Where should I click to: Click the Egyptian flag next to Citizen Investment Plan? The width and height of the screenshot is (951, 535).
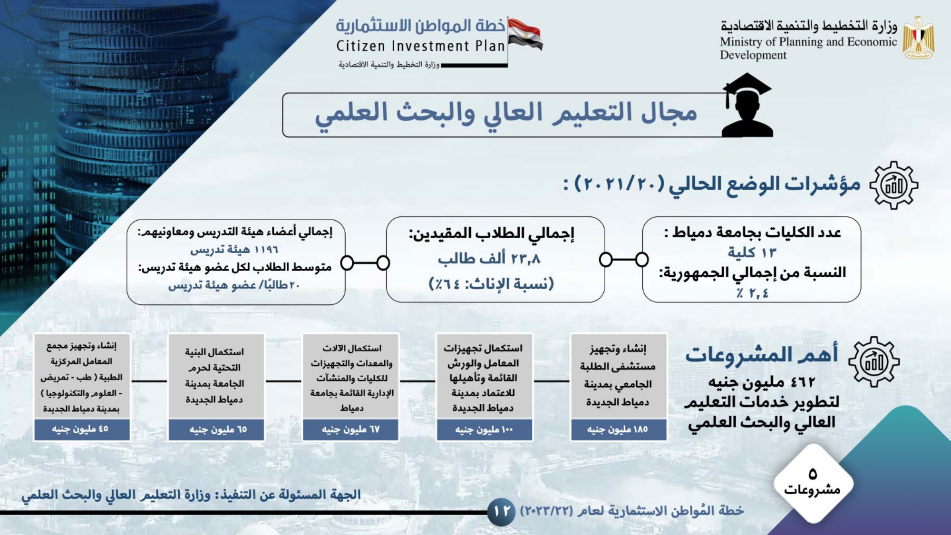click(x=525, y=34)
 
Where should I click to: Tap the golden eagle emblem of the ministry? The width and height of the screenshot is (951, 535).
click(x=919, y=38)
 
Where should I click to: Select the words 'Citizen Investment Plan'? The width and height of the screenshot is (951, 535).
click(x=420, y=46)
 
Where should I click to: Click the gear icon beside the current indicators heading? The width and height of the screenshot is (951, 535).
click(x=894, y=185)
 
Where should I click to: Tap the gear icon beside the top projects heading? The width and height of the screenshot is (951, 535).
click(x=874, y=361)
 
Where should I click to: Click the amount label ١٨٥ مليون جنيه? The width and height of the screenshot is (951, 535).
click(x=617, y=429)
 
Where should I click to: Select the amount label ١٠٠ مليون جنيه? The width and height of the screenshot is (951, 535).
click(x=484, y=429)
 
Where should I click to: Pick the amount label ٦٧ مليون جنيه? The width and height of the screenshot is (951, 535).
click(x=351, y=429)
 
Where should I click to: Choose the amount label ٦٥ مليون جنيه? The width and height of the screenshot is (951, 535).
click(x=218, y=429)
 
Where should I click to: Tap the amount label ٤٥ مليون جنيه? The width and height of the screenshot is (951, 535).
click(x=80, y=429)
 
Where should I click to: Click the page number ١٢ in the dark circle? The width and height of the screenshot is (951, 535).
click(x=502, y=512)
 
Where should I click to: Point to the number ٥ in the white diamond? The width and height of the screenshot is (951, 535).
click(x=813, y=474)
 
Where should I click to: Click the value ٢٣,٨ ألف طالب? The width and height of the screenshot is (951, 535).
click(x=489, y=258)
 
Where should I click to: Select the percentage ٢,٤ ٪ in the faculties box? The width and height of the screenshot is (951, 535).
click(x=753, y=293)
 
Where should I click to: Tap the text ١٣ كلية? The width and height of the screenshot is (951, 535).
click(x=752, y=252)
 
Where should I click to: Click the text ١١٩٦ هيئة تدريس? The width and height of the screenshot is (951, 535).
click(x=234, y=250)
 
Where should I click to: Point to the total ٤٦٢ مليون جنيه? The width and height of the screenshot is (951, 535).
click(x=762, y=381)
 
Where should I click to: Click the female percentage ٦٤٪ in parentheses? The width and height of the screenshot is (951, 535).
click(x=446, y=284)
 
